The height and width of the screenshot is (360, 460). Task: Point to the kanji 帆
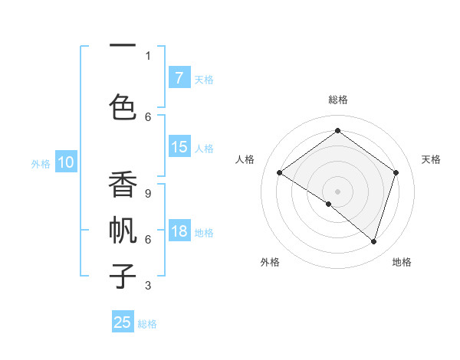[x=123, y=230]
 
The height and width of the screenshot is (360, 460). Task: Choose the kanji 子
[x=123, y=274]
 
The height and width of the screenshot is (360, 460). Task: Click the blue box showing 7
[x=179, y=78]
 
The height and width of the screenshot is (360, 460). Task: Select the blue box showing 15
[x=179, y=147]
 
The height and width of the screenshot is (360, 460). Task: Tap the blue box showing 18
[x=179, y=232]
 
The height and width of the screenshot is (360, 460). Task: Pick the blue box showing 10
[x=65, y=162]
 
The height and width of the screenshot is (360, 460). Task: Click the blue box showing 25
[x=123, y=322]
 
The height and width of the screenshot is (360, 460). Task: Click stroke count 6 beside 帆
[x=148, y=239]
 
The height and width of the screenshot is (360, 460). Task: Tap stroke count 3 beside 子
[x=148, y=286]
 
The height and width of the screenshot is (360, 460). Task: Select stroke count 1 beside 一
[x=148, y=55]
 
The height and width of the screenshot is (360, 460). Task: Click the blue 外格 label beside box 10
[x=41, y=163]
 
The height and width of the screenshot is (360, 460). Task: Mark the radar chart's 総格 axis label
[x=337, y=100]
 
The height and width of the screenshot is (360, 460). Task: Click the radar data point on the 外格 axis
[x=329, y=204]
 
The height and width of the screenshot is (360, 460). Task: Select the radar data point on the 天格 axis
[x=396, y=172]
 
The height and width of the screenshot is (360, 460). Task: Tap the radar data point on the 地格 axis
[x=373, y=241]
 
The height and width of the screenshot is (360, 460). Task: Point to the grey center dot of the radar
[x=337, y=191]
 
